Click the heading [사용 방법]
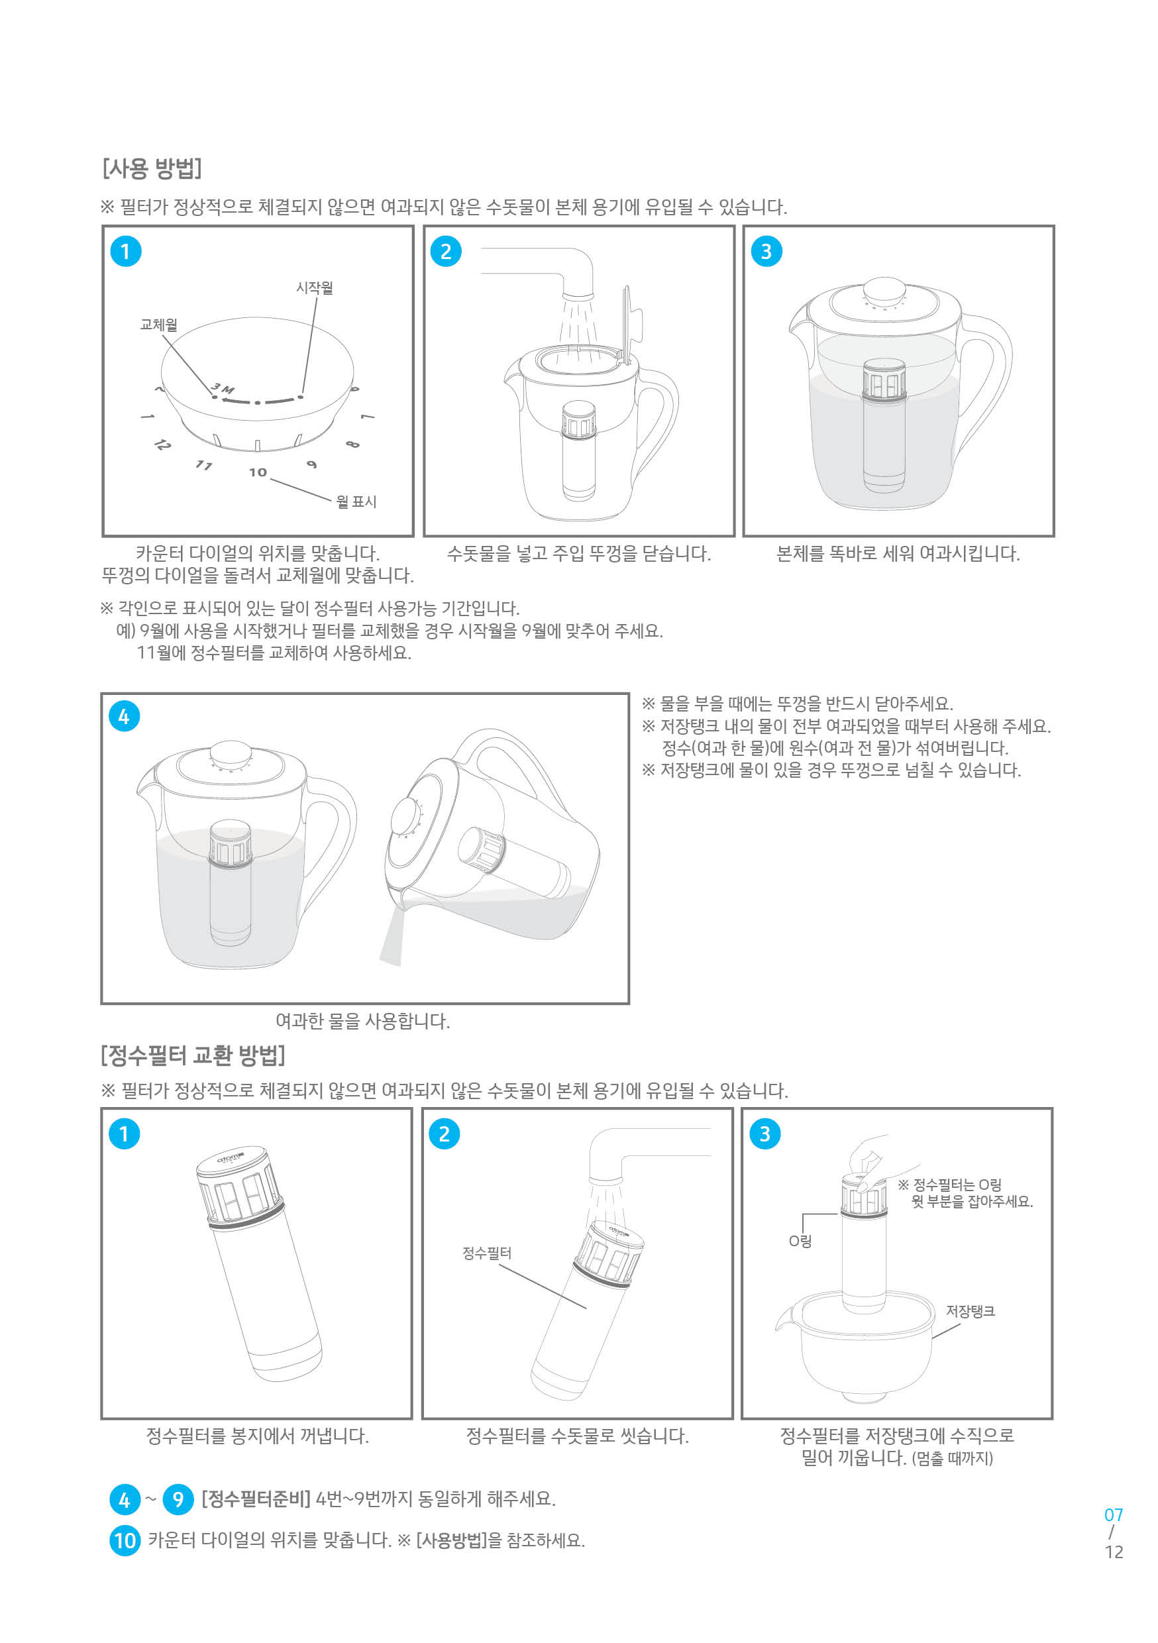point(152,169)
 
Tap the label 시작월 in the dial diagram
point(314,288)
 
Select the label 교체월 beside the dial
point(158,325)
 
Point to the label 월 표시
point(356,502)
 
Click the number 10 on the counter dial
point(258,472)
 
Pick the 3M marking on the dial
point(223,389)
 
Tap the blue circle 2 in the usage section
point(445,252)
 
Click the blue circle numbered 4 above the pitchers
point(124,716)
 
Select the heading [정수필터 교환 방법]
point(193,1055)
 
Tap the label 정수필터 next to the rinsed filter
point(487,1253)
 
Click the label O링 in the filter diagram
point(800,1241)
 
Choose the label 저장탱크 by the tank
point(970,1311)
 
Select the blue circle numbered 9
point(178,1499)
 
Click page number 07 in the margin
point(1113,1515)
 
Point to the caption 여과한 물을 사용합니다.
point(362,1021)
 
